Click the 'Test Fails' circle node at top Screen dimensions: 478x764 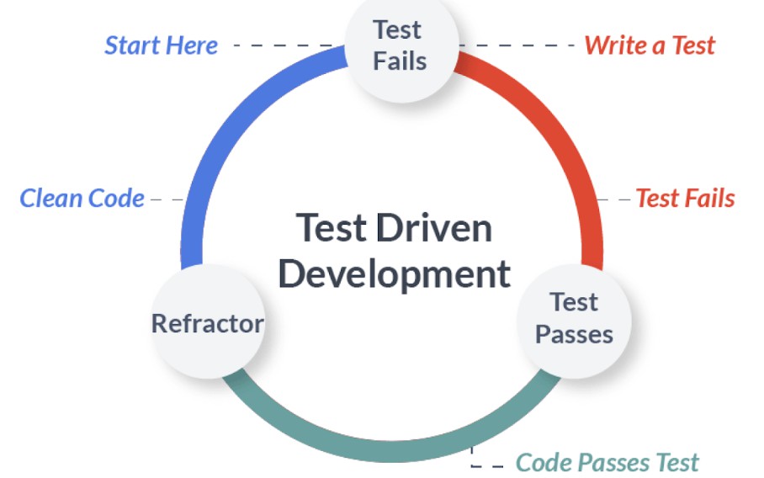400,46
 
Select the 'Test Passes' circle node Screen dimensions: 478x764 574,318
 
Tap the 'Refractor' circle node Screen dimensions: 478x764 207,323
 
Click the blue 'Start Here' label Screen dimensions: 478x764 161,45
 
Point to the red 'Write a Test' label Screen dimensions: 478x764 650,45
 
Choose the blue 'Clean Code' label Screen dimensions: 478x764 82,199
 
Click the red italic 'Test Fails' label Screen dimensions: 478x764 685,199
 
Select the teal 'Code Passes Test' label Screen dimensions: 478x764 607,462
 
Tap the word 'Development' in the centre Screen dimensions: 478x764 394,274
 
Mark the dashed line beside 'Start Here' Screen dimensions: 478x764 282,45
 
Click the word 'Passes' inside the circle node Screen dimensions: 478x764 574,334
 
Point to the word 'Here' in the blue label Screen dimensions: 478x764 191,45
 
